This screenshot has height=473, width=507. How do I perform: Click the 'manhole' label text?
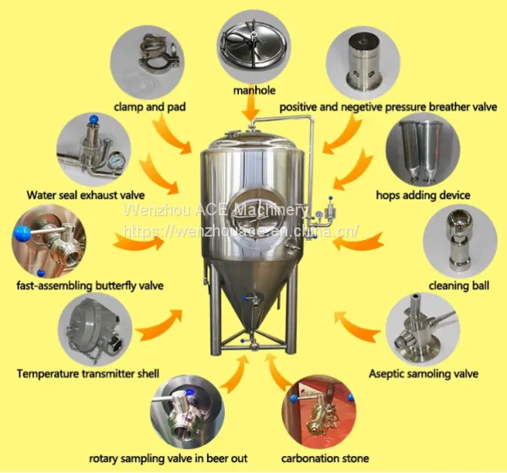pyautogui.click(x=254, y=90)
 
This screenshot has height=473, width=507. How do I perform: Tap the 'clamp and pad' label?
pyautogui.click(x=150, y=106)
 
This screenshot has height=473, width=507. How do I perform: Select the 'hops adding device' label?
pyautogui.click(x=423, y=195)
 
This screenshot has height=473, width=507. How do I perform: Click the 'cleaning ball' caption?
pyautogui.click(x=459, y=285)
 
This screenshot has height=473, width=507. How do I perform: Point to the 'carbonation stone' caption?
pyautogui.click(x=325, y=458)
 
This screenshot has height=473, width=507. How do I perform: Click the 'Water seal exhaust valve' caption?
pyautogui.click(x=85, y=195)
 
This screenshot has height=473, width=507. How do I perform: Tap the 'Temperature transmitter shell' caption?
pyautogui.click(x=88, y=373)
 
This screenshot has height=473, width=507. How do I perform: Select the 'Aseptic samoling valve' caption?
pyautogui.click(x=423, y=373)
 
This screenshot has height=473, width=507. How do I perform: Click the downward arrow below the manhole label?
pyautogui.click(x=250, y=109)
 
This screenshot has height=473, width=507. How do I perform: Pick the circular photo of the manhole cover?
pyautogui.click(x=253, y=46)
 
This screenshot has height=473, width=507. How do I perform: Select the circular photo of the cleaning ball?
pyautogui.click(x=460, y=242)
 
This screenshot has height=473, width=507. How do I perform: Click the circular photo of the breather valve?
pyautogui.click(x=363, y=63)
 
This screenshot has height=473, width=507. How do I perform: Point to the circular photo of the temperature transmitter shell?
pyautogui.click(x=95, y=329)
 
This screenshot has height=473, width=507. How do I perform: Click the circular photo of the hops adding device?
pyautogui.click(x=423, y=150)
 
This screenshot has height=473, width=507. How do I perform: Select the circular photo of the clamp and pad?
pyautogui.click(x=147, y=63)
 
